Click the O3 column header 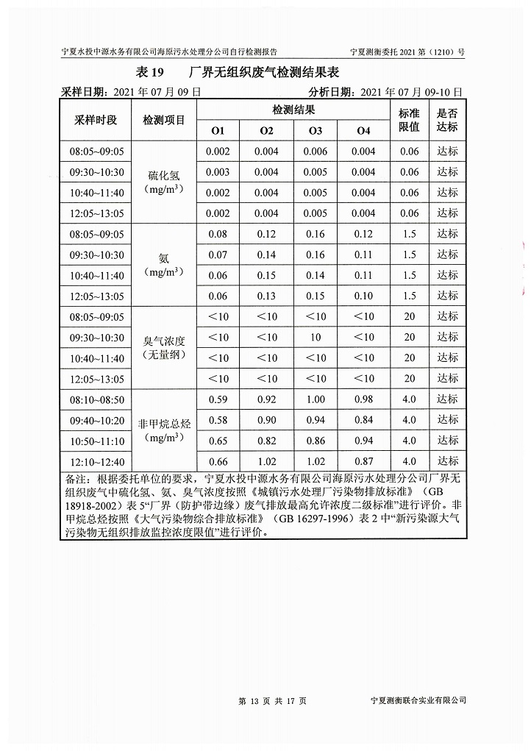pyautogui.click(x=316, y=131)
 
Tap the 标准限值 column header pyautogui.click(x=409, y=120)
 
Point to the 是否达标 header pyautogui.click(x=447, y=120)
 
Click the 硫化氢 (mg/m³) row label pyautogui.click(x=164, y=182)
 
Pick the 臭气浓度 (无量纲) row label pyautogui.click(x=164, y=347)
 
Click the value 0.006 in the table pyautogui.click(x=316, y=152)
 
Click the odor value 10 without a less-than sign pyautogui.click(x=316, y=338)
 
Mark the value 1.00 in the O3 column pyautogui.click(x=316, y=399)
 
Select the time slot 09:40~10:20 pyautogui.click(x=97, y=420)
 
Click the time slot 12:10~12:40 pyautogui.click(x=97, y=461)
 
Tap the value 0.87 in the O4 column pyautogui.click(x=363, y=461)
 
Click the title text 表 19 pyautogui.click(x=149, y=73)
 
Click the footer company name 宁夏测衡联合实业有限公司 pyautogui.click(x=418, y=700)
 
